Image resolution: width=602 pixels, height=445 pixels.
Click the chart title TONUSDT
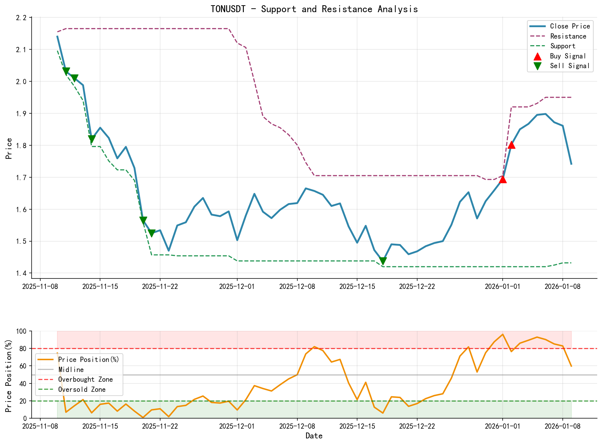pyautogui.click(x=314, y=9)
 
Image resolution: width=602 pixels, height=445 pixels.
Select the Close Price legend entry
pyautogui.click(x=570, y=26)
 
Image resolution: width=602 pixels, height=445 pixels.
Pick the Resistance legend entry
pyautogui.click(x=568, y=37)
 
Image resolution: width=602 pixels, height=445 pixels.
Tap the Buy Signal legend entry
pyautogui.click(x=568, y=56)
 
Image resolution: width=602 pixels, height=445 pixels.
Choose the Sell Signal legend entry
pyautogui.click(x=569, y=66)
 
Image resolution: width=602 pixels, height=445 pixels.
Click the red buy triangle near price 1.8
pyautogui.click(x=511, y=145)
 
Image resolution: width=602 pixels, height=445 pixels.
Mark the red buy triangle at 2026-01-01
pyautogui.click(x=503, y=179)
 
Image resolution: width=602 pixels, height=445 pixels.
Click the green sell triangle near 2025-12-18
pyautogui.click(x=383, y=261)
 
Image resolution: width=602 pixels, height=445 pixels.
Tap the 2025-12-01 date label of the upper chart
pyautogui.click(x=237, y=286)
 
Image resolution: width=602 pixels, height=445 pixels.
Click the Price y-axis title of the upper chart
pyautogui.click(x=9, y=148)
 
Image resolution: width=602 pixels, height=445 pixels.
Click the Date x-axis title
pyautogui.click(x=314, y=436)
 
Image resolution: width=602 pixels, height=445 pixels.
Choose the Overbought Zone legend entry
pyautogui.click(x=85, y=380)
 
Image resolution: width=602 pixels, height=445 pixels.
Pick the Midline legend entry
pyautogui.click(x=71, y=370)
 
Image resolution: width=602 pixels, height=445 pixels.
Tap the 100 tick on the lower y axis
pyautogui.click(x=21, y=331)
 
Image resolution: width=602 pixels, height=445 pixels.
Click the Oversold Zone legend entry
pyautogui.click(x=82, y=390)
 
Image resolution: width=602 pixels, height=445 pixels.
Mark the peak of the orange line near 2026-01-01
pyautogui.click(x=502, y=334)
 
